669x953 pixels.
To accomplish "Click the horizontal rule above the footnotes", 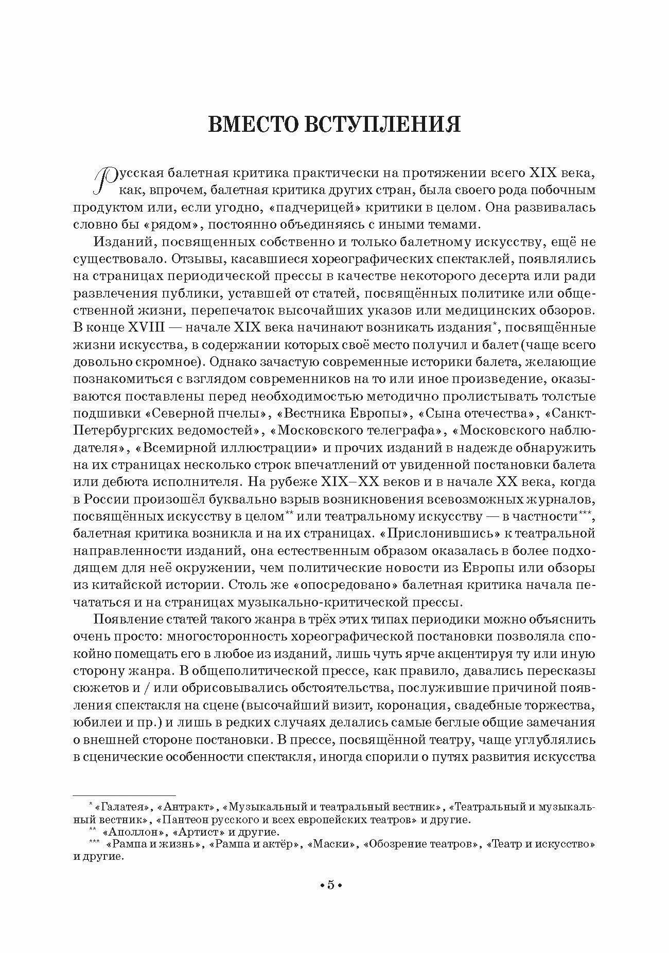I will pyautogui.click(x=124, y=795).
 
